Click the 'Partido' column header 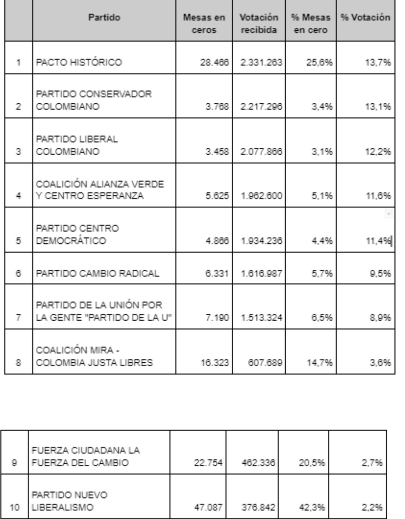[x=104, y=17]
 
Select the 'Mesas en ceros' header [x=204, y=24]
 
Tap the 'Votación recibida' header [x=259, y=24]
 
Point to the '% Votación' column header [x=365, y=17]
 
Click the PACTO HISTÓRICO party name [x=79, y=63]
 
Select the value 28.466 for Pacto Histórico [x=215, y=63]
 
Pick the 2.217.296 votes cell [x=261, y=106]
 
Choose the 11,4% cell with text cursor [x=378, y=241]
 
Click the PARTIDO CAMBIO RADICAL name [x=98, y=274]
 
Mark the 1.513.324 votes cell [x=261, y=317]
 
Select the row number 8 [x=18, y=363]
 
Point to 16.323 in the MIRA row [x=215, y=363]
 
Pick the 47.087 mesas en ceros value [x=208, y=508]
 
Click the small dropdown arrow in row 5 [x=388, y=214]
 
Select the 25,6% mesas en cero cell [x=322, y=63]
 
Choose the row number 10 [x=14, y=508]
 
